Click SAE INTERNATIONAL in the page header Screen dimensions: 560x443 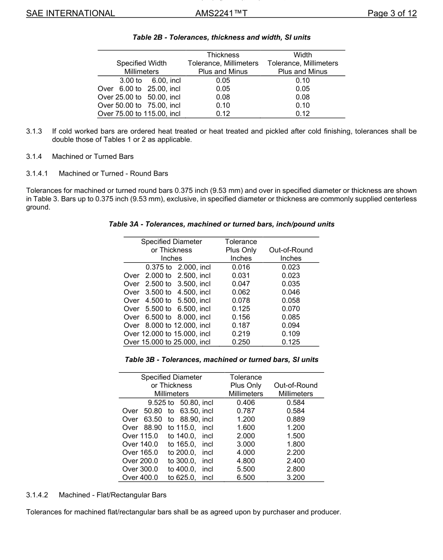point(70,13)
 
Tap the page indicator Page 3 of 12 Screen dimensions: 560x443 point(392,13)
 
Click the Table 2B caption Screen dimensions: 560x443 point(221,37)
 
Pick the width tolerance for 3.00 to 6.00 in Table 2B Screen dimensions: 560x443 point(303,80)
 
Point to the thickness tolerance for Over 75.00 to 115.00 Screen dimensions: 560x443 point(223,114)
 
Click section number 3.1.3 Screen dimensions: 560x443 point(34,131)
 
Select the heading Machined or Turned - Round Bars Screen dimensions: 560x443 point(113,173)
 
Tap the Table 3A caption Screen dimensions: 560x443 point(221,224)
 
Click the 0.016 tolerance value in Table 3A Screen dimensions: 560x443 point(241,267)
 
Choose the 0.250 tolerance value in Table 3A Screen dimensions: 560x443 point(241,342)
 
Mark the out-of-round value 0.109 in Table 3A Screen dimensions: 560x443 point(291,334)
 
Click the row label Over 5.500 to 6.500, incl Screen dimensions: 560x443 point(167,308)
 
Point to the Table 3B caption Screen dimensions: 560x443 point(221,360)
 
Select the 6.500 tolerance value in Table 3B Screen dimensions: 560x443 point(246,478)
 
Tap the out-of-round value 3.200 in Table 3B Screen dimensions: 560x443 point(296,478)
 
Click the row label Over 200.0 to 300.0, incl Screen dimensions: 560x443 point(167,461)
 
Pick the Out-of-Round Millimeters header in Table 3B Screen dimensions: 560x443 point(296,389)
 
